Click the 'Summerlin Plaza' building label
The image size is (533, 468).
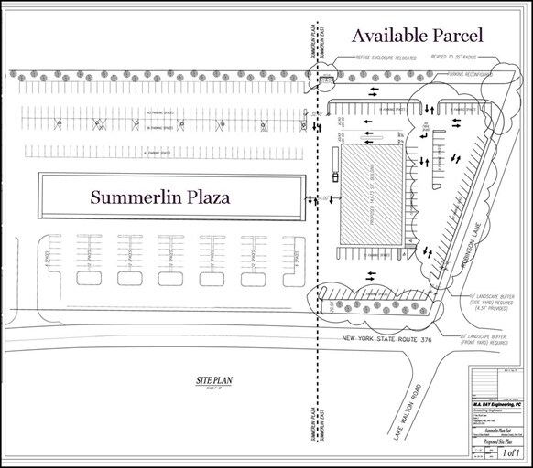click(x=161, y=197)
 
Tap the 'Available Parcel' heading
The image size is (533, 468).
click(x=422, y=36)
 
